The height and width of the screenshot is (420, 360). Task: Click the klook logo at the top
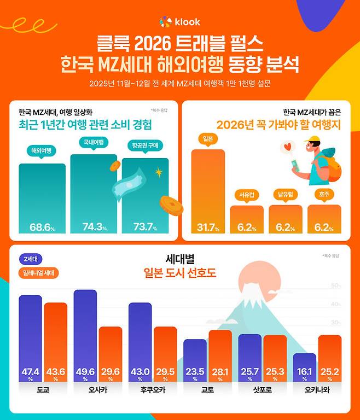179,22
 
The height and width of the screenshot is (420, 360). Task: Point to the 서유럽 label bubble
246,194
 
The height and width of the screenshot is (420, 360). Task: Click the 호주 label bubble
324,194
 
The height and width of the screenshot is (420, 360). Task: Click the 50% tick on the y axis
335,286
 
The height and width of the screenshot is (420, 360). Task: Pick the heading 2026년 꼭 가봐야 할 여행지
278,125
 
